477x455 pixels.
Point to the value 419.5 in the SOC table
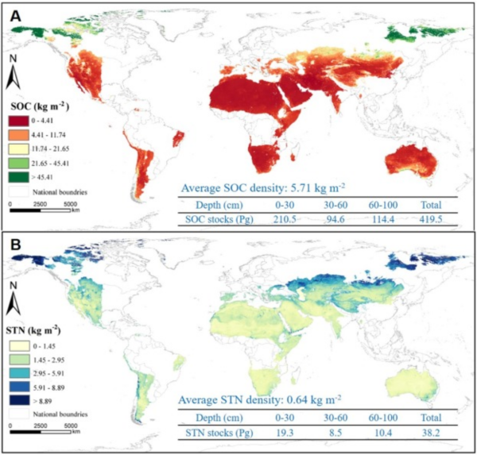[432, 218]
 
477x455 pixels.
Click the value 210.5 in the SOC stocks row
[277, 218]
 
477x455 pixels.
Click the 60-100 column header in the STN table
[382, 419]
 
